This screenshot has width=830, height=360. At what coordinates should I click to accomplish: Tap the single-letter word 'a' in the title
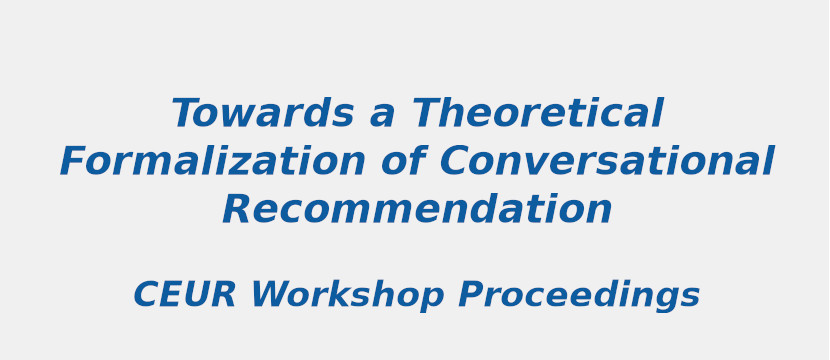[382, 115]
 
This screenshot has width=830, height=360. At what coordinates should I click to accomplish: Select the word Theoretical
[537, 114]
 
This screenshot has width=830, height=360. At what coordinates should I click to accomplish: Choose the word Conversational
[606, 162]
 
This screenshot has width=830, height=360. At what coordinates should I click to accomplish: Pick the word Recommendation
[416, 210]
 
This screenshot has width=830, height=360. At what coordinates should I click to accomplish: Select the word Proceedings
[579, 296]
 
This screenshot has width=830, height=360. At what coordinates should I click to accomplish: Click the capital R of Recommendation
[238, 210]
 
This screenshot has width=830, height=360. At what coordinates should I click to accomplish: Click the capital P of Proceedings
[471, 296]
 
